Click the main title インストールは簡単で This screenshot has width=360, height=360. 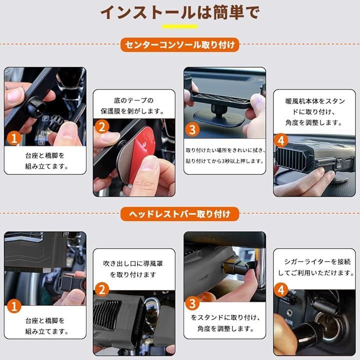[x=180, y=12]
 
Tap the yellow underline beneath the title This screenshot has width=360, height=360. [x=180, y=26]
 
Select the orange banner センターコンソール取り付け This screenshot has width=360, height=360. [x=180, y=44]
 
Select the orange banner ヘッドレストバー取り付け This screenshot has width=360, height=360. [x=180, y=214]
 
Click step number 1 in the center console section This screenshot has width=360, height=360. [x=14, y=138]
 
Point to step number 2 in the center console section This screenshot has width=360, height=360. [x=102, y=126]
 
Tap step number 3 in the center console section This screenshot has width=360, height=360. [x=192, y=129]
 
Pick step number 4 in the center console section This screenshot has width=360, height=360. [x=281, y=140]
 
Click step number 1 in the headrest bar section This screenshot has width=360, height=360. [x=14, y=306]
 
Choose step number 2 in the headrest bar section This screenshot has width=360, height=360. [x=102, y=289]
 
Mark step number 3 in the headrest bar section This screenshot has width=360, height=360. [x=192, y=303]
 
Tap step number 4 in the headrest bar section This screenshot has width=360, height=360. [x=281, y=290]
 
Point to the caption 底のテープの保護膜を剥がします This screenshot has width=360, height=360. [x=133, y=106]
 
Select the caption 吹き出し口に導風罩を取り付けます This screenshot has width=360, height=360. [x=133, y=269]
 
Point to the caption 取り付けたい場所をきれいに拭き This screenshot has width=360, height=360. [x=225, y=150]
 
